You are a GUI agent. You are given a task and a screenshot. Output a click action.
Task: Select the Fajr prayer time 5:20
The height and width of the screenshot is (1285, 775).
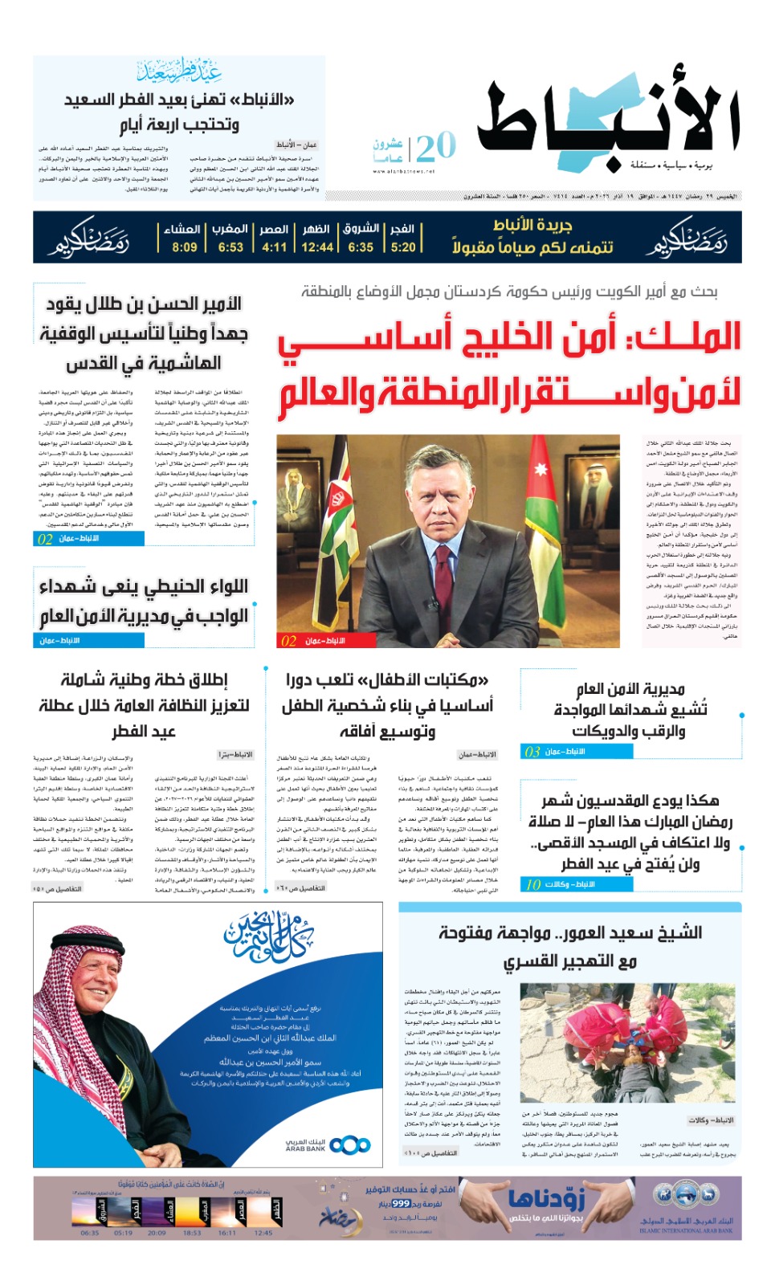pos(403,247)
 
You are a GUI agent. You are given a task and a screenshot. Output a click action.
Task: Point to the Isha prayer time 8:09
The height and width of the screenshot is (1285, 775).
pos(185,247)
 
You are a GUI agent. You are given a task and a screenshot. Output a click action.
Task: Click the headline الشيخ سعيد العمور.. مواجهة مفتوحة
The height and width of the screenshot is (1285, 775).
pos(569,933)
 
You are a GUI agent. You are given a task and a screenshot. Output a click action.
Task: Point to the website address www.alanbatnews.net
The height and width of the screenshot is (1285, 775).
pos(404,171)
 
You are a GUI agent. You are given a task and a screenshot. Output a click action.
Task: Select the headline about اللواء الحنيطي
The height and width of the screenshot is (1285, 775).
pos(145,601)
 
